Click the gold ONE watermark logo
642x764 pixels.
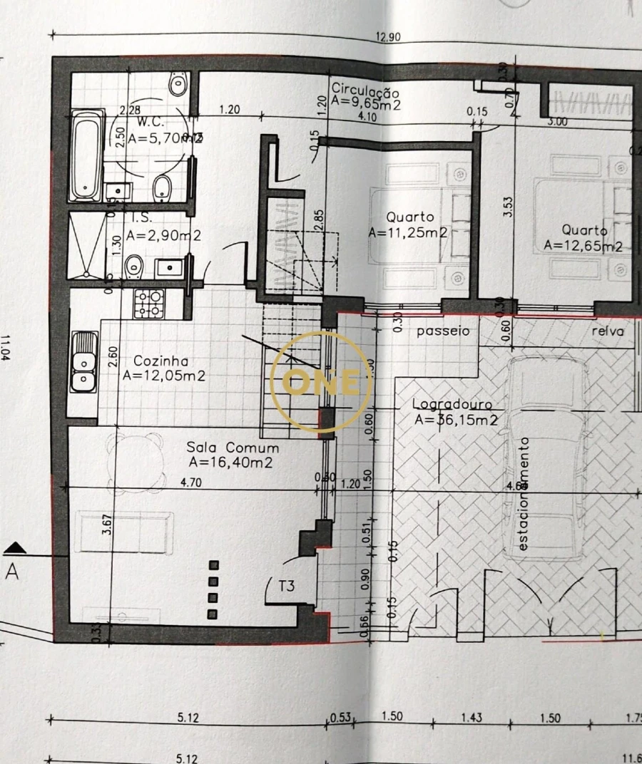(x=322, y=381)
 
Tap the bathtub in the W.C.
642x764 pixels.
(x=86, y=155)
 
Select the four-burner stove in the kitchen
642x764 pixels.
(x=148, y=304)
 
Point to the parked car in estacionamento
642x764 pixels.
(x=546, y=456)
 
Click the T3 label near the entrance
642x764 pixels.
(x=286, y=586)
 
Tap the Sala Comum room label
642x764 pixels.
(x=233, y=448)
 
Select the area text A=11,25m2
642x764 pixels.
(x=408, y=232)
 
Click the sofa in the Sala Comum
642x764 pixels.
(x=125, y=532)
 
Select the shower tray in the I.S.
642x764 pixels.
(x=86, y=245)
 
